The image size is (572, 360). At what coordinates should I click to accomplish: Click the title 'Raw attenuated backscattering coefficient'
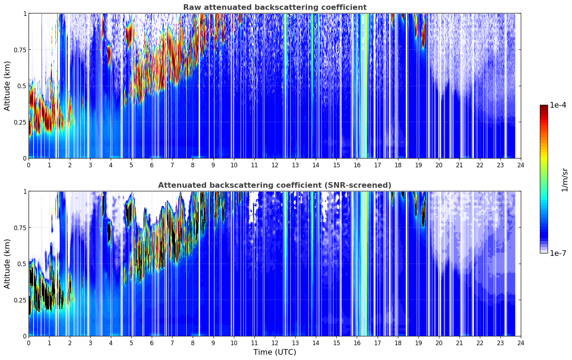point(275,7)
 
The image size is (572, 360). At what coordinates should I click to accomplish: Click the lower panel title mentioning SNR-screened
point(275,185)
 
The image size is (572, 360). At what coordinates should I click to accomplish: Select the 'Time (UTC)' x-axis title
point(275,352)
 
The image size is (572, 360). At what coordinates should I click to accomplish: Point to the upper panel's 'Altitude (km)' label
point(7,86)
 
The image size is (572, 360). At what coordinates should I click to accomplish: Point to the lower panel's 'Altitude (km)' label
point(7,264)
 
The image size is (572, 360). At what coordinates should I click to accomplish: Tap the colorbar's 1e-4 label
point(558,105)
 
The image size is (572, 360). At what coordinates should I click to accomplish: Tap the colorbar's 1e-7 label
point(558,253)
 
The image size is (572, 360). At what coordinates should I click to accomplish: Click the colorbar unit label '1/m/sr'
point(565,180)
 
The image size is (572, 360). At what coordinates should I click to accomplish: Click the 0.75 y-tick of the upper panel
point(20,50)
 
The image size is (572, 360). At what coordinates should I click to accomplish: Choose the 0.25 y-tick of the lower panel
point(20,300)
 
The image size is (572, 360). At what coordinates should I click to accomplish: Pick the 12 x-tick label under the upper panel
point(275,165)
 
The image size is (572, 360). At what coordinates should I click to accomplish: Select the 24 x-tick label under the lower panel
point(521,343)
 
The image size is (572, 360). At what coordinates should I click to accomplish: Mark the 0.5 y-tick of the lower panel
point(22,264)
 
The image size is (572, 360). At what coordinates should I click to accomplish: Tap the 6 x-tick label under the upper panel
point(152,165)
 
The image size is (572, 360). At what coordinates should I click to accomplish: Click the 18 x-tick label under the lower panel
point(398,343)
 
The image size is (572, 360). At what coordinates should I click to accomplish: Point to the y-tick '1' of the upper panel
point(25,13)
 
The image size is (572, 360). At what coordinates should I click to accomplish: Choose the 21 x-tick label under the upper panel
point(459,165)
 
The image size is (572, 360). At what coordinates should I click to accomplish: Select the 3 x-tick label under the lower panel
point(90,343)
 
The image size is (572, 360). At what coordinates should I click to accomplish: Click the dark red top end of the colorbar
point(544,107)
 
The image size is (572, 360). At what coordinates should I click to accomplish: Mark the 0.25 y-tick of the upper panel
point(20,122)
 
